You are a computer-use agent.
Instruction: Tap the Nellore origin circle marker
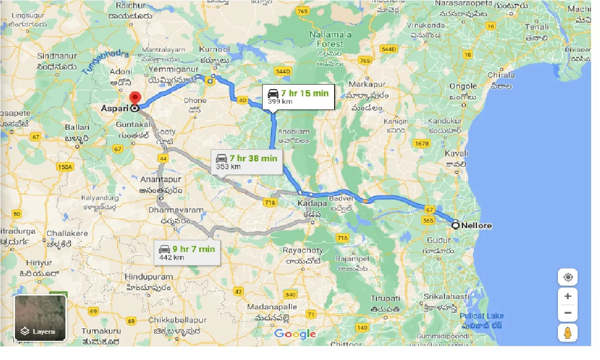click(x=456, y=225)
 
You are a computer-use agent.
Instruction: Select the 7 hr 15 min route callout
click(x=298, y=96)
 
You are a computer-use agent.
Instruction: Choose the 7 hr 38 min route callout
click(x=246, y=162)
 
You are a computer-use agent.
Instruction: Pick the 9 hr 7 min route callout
click(x=187, y=252)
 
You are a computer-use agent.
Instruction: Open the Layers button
click(x=40, y=318)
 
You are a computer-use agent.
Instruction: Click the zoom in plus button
click(x=568, y=296)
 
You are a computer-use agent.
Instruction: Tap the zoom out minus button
click(x=568, y=313)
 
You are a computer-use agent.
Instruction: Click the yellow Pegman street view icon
click(x=568, y=333)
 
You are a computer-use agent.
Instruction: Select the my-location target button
click(x=568, y=277)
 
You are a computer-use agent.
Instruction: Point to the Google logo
click(x=295, y=334)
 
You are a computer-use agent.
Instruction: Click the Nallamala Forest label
click(x=327, y=39)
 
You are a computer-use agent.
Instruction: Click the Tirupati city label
click(x=385, y=298)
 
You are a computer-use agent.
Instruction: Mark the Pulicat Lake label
click(x=481, y=316)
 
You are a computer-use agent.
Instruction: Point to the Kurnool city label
click(x=214, y=49)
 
